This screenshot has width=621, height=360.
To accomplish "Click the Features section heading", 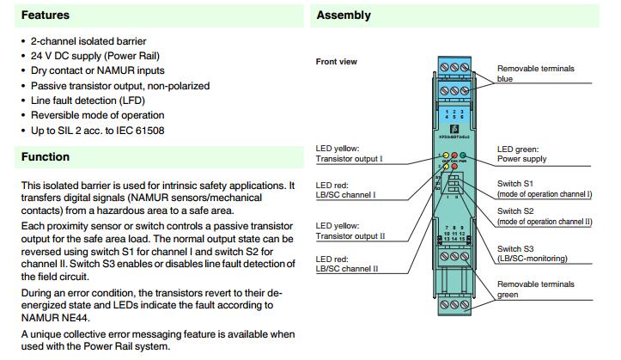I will click(x=46, y=15).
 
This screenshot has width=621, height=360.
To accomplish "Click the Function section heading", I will click(x=46, y=157).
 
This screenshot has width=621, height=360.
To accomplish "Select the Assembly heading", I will click(x=344, y=15).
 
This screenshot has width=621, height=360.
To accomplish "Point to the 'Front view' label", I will click(x=337, y=62).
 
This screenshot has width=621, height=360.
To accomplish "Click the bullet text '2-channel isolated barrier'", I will click(x=88, y=41).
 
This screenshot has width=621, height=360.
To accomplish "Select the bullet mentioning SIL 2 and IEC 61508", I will click(x=97, y=131).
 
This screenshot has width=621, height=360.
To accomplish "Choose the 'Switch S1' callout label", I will click(x=515, y=184).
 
